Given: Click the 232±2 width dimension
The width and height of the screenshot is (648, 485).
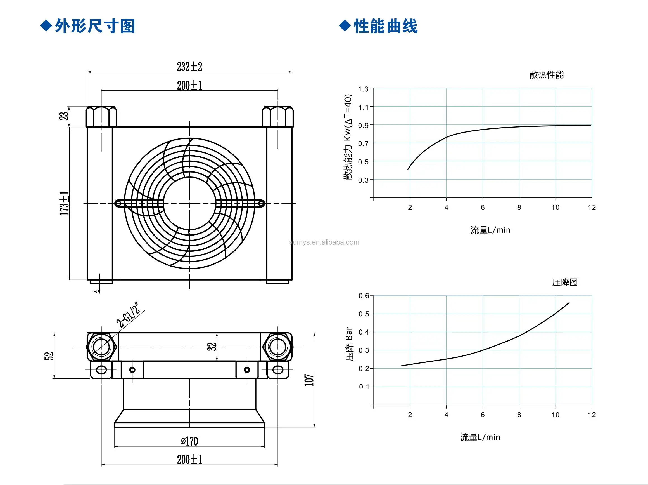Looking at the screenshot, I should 189,67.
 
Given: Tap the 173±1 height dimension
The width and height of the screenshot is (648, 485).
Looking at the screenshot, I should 64,203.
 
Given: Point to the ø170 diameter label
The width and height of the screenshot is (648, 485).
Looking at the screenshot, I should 189,441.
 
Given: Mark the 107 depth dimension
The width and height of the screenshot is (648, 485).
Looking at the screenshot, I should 309,380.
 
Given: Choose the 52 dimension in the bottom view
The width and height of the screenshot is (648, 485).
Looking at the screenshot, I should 49,356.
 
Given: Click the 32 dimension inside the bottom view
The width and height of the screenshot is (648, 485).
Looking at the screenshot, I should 212,347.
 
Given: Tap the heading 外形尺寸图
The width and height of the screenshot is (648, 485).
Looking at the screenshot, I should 95,26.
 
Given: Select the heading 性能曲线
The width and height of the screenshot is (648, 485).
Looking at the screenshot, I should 385,26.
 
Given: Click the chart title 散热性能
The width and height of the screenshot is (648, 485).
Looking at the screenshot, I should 546,75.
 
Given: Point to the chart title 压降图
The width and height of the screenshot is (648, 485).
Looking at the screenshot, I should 565,282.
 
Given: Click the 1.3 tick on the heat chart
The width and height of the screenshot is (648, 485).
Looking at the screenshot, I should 363,89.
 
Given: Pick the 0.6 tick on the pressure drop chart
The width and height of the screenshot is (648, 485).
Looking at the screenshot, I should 364,296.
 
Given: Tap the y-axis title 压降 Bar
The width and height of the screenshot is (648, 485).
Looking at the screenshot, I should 349,344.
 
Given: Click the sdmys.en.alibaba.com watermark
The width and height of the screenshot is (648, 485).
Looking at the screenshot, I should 324,242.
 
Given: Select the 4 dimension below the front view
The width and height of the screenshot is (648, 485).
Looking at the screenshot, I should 96,291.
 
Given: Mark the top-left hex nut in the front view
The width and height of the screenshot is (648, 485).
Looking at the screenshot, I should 101,116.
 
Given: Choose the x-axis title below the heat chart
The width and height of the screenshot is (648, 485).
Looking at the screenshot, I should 490,230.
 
